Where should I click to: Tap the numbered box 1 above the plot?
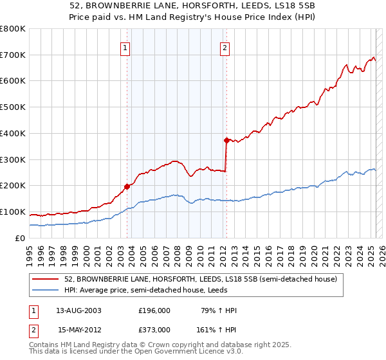click(x=125, y=47)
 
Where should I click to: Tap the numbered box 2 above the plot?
click(x=225, y=47)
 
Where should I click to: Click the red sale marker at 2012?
click(x=226, y=139)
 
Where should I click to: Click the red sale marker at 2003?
click(x=127, y=186)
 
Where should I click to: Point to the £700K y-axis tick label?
click(x=13, y=55)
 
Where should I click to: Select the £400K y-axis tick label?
click(x=13, y=133)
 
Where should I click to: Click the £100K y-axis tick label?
click(x=13, y=212)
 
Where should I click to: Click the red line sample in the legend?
click(x=45, y=278)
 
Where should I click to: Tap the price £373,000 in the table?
click(x=154, y=329)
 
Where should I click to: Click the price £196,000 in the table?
click(x=154, y=310)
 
